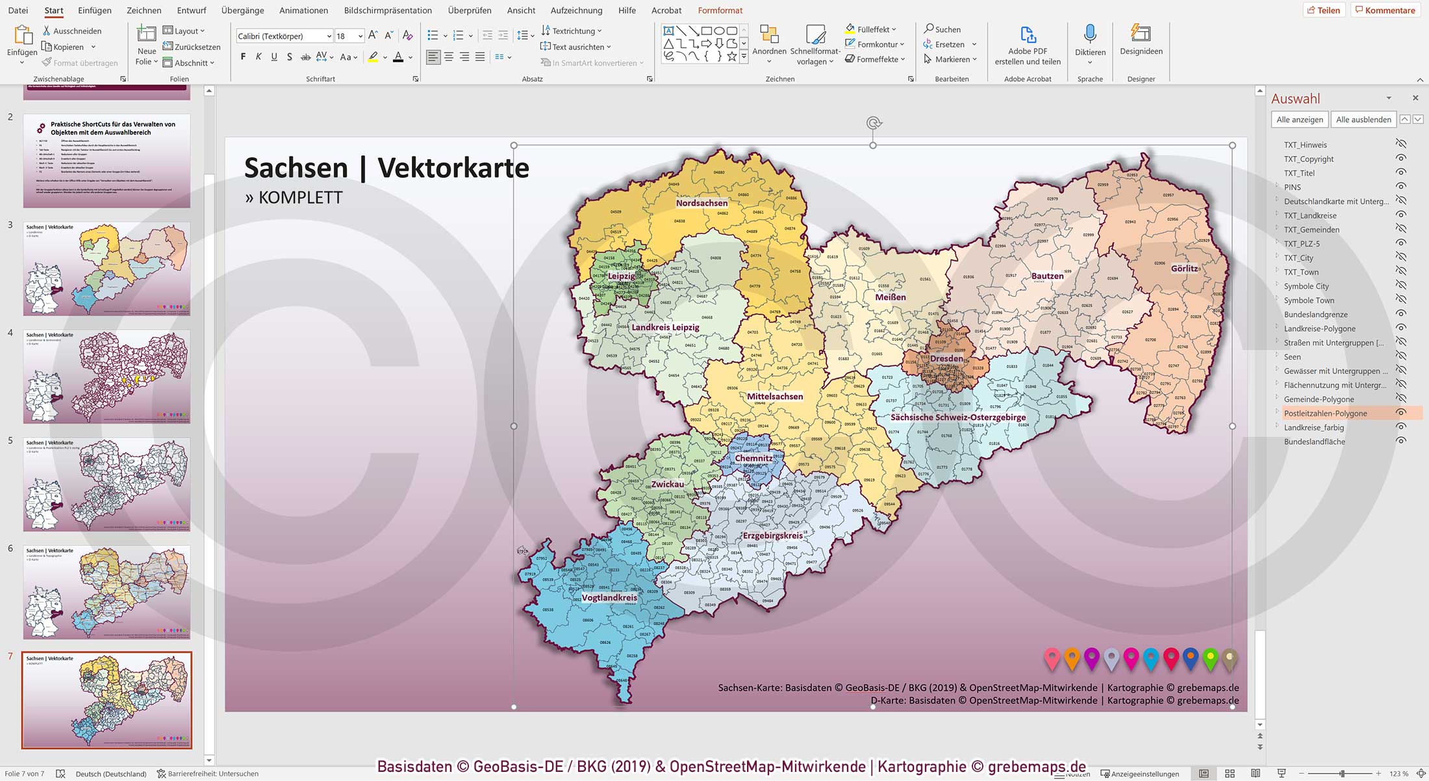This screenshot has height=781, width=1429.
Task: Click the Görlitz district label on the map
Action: click(x=1184, y=268)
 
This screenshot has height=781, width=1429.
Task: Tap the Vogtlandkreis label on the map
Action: click(x=609, y=598)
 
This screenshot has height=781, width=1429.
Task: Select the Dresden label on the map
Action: click(x=946, y=358)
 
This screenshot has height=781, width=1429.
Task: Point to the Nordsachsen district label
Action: click(x=702, y=203)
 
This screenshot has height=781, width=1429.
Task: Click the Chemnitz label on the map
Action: click(x=753, y=458)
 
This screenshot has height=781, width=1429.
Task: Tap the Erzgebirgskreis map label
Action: click(x=772, y=536)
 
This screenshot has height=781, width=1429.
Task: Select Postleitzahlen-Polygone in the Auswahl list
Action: click(x=1325, y=414)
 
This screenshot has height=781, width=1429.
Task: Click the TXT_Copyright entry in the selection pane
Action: click(x=1308, y=159)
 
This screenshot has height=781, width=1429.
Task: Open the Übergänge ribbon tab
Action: click(x=242, y=10)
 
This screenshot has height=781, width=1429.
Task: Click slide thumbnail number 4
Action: click(x=107, y=377)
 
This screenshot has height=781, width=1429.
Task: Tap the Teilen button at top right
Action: click(x=1323, y=10)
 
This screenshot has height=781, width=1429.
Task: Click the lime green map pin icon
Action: click(x=1210, y=658)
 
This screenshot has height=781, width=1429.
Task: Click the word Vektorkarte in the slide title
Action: click(x=453, y=168)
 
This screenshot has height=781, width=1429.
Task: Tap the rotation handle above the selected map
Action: click(x=874, y=123)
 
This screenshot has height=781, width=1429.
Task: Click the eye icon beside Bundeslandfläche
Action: click(x=1401, y=441)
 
